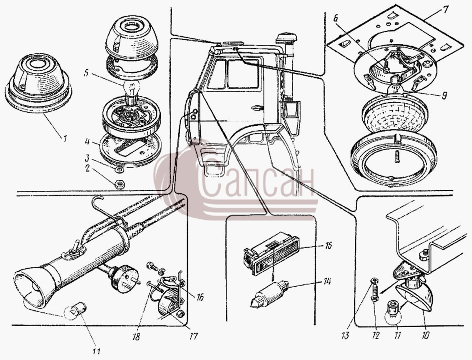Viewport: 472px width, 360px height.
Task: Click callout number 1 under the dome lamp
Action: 64,139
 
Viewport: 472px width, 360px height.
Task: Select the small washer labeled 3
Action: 120,170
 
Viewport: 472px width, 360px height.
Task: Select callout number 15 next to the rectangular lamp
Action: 328,246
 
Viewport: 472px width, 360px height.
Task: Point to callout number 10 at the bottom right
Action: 425,335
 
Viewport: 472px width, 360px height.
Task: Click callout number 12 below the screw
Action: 376,335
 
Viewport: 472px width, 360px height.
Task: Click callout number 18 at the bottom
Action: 136,336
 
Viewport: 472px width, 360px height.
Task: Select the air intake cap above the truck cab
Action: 286,38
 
